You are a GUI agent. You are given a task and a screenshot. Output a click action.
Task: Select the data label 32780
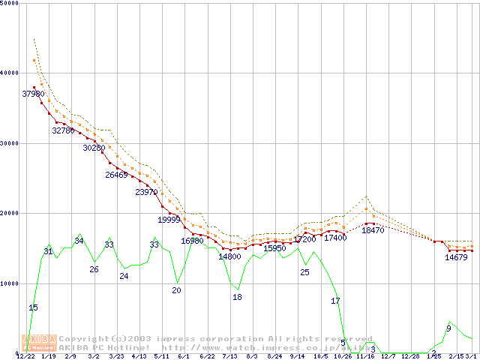(x=63, y=130)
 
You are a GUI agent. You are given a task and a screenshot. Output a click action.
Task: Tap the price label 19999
(x=169, y=220)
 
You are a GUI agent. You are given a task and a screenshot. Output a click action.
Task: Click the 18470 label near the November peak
(x=373, y=231)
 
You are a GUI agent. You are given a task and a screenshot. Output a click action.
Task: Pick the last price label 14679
(x=456, y=257)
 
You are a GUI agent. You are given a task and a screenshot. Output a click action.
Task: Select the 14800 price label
(x=229, y=256)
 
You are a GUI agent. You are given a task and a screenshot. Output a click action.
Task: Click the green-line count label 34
(x=79, y=241)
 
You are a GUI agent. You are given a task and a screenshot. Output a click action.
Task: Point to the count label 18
(x=237, y=297)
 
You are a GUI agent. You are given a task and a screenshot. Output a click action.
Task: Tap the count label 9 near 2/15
(x=448, y=328)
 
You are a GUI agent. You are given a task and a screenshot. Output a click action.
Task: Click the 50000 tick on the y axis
(x=10, y=3)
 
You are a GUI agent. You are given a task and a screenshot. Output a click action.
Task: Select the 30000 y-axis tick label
(x=10, y=143)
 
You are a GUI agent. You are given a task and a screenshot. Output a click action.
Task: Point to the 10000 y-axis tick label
(x=10, y=283)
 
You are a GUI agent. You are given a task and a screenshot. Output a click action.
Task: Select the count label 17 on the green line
(x=335, y=301)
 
